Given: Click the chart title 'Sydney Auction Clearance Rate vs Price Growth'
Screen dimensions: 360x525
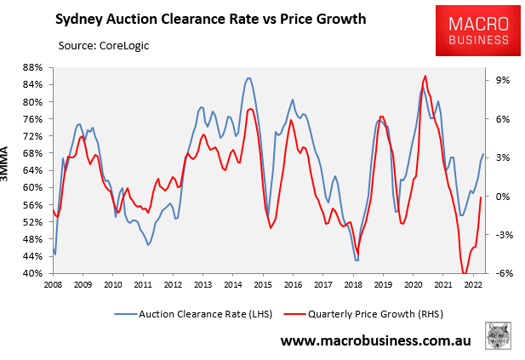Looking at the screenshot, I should coord(199,17).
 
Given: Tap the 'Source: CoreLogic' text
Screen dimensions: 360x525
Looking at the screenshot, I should coord(104,44).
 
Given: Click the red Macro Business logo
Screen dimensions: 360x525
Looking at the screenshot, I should coord(474,31).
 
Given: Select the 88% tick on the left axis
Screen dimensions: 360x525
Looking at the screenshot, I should coord(31,67).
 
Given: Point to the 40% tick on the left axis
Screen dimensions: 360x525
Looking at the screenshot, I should coord(31,274).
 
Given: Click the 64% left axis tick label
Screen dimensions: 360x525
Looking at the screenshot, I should coord(31,170).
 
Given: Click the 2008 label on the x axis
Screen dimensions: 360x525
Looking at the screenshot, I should coord(53,286).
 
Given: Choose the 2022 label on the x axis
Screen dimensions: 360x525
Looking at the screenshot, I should coord(470,286).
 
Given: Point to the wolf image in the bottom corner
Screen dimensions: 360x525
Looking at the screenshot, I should coord(499,335).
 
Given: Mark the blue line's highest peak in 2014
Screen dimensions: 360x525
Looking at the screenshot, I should coord(248,78).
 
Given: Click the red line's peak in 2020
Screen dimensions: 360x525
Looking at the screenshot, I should coord(425,76).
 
